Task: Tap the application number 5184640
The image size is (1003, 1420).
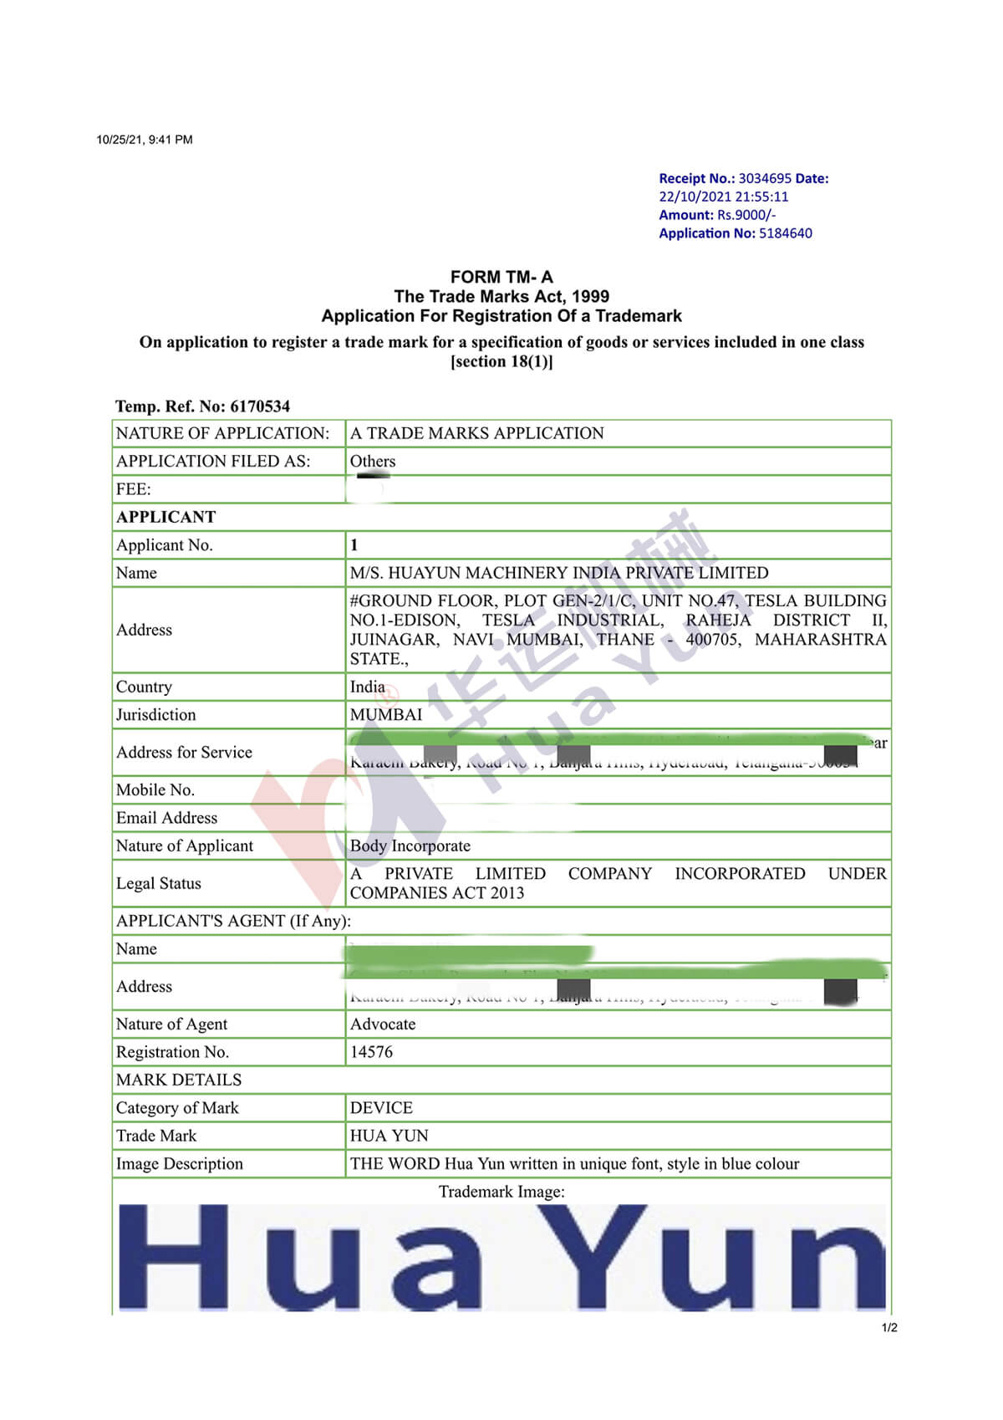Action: click(785, 233)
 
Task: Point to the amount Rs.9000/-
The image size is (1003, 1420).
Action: click(746, 215)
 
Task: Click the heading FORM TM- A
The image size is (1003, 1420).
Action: click(501, 277)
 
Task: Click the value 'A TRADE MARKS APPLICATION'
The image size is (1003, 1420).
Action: click(476, 433)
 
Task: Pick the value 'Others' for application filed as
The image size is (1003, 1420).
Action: click(373, 461)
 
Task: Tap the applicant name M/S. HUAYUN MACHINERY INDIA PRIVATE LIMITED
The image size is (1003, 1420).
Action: click(559, 573)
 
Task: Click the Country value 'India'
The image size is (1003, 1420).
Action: click(368, 687)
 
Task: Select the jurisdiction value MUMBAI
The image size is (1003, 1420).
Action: click(386, 715)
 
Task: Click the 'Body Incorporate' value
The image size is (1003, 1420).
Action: click(410, 845)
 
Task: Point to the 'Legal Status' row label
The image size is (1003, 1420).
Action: click(159, 883)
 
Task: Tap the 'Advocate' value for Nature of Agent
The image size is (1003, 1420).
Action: click(383, 1024)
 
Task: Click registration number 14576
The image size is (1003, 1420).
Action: click(371, 1052)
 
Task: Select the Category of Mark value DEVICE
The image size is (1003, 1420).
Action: click(381, 1107)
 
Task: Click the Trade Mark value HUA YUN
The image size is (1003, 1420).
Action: click(389, 1136)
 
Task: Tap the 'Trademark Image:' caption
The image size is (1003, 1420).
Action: click(501, 1191)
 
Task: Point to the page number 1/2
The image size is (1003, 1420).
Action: click(889, 1328)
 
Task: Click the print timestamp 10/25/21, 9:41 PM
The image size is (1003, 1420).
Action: click(145, 140)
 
